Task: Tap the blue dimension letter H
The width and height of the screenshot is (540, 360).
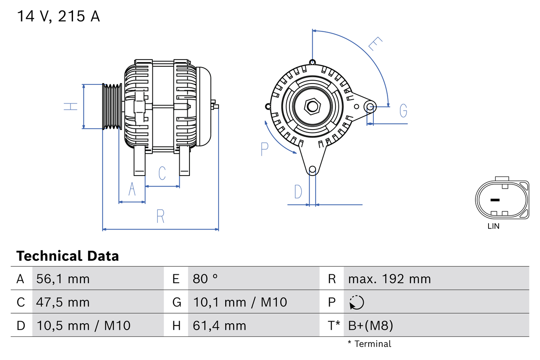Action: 71,106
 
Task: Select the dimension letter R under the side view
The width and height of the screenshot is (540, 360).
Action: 160,216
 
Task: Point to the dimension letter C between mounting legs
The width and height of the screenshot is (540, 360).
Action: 162,173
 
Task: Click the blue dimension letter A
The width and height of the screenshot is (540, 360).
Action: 132,189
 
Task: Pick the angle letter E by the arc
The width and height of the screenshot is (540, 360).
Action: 375,44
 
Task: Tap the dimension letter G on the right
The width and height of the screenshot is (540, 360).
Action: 403,111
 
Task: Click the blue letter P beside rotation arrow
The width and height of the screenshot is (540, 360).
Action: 265,149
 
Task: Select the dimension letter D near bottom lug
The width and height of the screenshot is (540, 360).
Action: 298,192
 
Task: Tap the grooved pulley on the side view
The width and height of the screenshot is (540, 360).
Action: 112,106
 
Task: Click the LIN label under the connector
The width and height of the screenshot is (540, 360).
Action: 493,226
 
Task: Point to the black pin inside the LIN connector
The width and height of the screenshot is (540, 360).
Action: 495,200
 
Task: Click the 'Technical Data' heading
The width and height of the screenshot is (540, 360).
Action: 67,256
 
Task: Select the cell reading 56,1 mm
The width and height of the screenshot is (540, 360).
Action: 63,279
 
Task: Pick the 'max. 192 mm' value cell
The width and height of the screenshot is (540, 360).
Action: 389,279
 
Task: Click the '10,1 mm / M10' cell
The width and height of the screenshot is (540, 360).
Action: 240,302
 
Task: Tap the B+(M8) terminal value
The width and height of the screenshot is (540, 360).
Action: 371,325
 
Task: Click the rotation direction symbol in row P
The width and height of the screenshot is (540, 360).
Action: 356,302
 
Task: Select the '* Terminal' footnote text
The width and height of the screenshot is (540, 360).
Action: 369,344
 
